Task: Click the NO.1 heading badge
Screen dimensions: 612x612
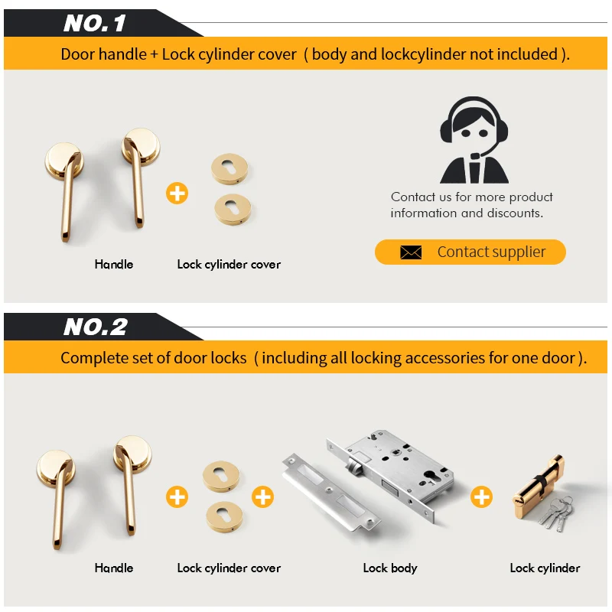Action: click(x=95, y=23)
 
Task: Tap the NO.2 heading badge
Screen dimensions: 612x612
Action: click(x=96, y=327)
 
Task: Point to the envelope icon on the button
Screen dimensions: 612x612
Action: click(x=411, y=252)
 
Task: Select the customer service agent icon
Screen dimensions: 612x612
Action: click(x=474, y=141)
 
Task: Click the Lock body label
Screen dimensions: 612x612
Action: click(x=390, y=568)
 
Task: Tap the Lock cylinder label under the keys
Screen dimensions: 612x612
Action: click(x=545, y=568)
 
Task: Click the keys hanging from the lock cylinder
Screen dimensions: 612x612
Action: click(x=557, y=512)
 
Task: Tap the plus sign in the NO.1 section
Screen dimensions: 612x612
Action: click(x=177, y=193)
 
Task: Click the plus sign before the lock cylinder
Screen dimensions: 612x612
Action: click(x=481, y=497)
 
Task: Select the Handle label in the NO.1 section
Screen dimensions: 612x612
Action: click(x=114, y=264)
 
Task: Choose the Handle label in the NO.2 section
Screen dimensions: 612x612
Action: click(x=114, y=568)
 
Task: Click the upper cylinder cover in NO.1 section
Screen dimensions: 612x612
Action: click(x=229, y=169)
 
